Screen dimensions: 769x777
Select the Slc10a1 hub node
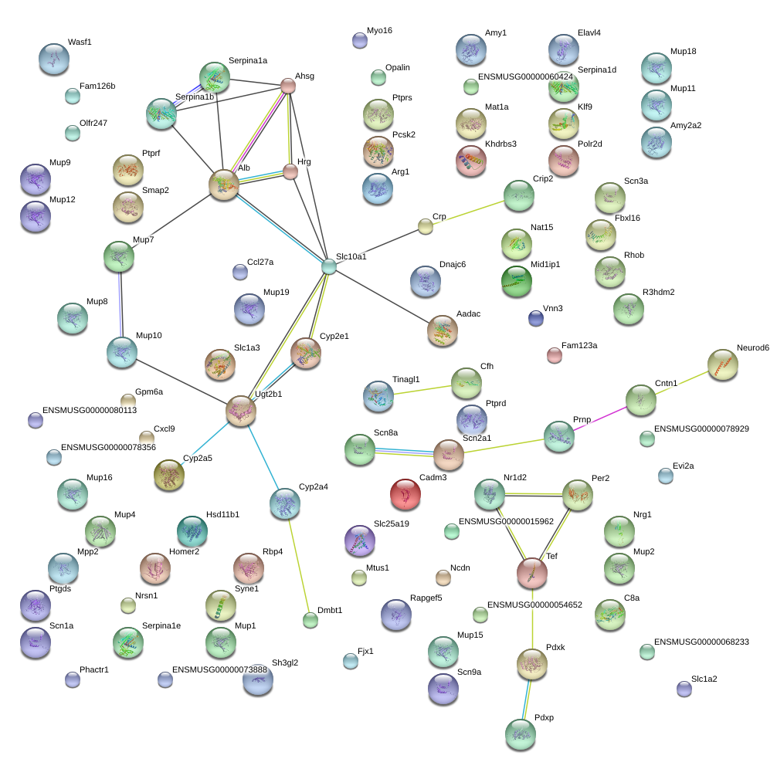click(x=329, y=267)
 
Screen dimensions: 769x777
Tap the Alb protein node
click(x=224, y=185)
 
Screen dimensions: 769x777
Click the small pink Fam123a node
click(x=554, y=355)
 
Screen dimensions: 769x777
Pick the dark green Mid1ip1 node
click(x=516, y=281)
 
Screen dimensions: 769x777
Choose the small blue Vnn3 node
click(x=535, y=317)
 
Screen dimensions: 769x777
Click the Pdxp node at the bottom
click(x=520, y=734)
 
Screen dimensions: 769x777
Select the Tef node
click(x=531, y=573)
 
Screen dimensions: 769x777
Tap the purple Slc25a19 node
click(x=358, y=540)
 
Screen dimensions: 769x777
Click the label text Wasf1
click(x=80, y=42)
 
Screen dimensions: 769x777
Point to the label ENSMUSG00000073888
click(x=219, y=669)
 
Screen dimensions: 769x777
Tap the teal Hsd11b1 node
click(x=192, y=530)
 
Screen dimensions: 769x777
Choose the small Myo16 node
click(x=359, y=41)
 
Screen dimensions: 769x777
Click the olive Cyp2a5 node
click(x=168, y=476)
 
